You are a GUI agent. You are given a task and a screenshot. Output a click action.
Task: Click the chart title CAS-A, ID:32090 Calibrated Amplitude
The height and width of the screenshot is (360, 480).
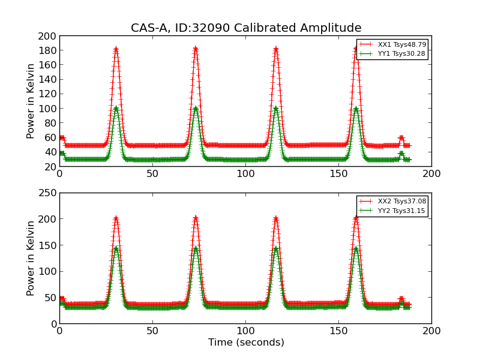[246, 28]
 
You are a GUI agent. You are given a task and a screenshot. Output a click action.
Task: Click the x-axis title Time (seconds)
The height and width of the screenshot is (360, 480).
[246, 343]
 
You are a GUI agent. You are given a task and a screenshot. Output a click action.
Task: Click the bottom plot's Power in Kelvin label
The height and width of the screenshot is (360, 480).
[31, 258]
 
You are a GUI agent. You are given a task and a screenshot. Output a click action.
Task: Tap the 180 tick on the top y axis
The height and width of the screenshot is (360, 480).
[47, 50]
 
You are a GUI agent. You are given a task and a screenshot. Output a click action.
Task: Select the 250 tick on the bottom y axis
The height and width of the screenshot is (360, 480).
[47, 193]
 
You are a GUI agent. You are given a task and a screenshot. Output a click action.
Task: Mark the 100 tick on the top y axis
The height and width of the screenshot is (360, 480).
[47, 109]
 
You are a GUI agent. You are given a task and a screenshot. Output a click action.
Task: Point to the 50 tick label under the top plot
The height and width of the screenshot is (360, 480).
[152, 173]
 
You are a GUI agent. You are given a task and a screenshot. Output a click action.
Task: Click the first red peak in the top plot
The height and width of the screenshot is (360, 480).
[116, 49]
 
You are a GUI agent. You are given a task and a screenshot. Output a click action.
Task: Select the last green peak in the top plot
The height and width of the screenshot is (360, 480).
[356, 109]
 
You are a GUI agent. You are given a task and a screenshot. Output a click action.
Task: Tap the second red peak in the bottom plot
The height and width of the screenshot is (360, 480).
[196, 218]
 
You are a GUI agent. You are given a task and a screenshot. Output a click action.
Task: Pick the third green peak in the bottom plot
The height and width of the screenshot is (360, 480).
[275, 248]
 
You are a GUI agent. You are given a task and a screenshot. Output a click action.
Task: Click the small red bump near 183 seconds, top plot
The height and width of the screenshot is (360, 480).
[401, 137]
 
